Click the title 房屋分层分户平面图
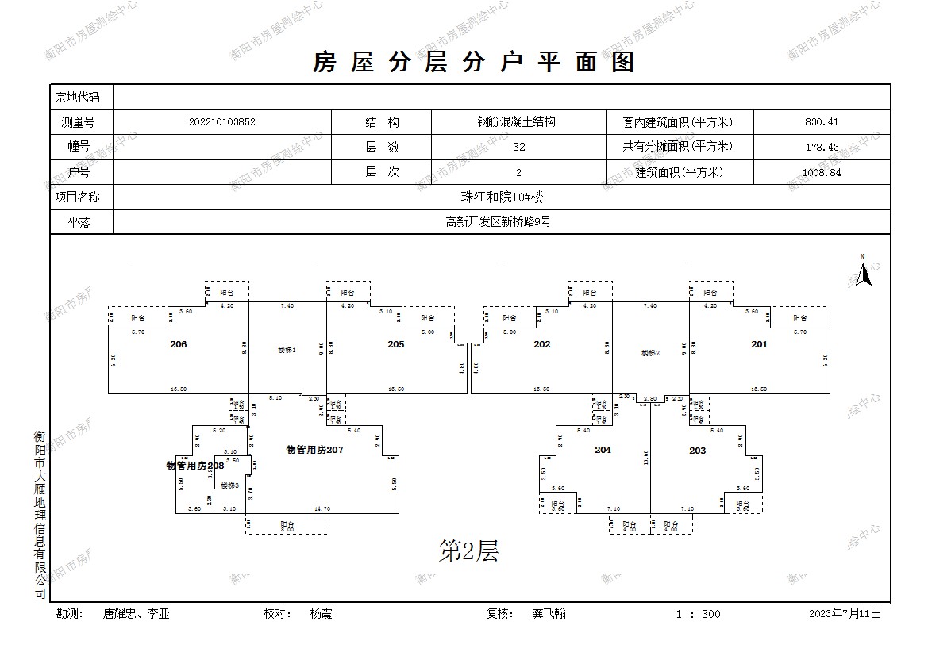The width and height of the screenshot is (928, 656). [x=474, y=62]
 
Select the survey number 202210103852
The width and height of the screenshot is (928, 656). [x=222, y=122]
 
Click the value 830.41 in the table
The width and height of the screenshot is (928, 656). [x=821, y=122]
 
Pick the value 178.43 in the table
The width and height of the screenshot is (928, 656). [x=821, y=147]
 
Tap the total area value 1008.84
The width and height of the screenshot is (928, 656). [x=821, y=172]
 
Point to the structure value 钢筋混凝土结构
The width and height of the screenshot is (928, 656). [x=515, y=122]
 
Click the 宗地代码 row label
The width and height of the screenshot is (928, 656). [x=77, y=98]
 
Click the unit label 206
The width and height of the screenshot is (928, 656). [x=179, y=344]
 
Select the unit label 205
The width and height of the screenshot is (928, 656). [x=395, y=344]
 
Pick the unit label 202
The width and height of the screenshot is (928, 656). [x=541, y=344]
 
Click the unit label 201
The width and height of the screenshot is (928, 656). [x=759, y=344]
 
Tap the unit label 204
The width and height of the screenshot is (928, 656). [x=603, y=450]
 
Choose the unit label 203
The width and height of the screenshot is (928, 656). [x=697, y=450]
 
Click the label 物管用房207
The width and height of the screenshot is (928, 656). [x=314, y=450]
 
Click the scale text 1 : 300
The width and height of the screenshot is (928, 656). [x=698, y=614]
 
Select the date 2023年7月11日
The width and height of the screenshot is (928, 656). [x=845, y=613]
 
